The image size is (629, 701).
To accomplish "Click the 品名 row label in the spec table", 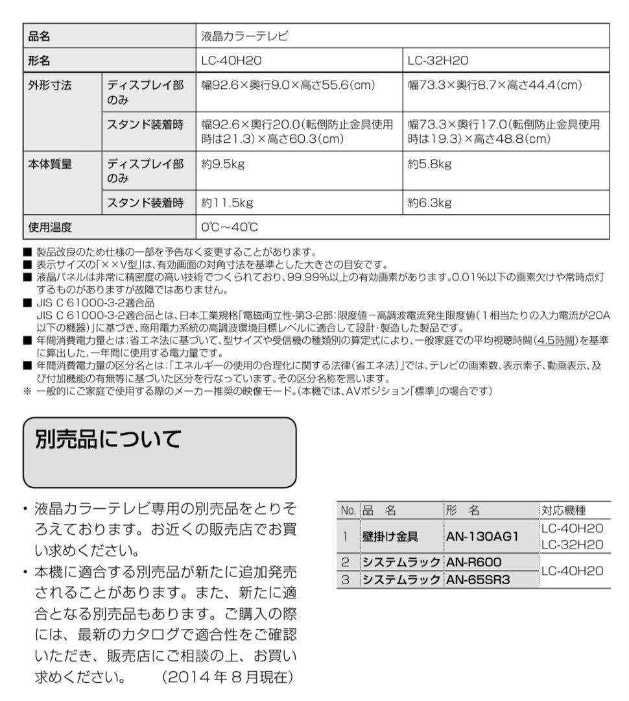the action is (x=40, y=37).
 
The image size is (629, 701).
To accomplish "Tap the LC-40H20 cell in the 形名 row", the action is (x=231, y=61).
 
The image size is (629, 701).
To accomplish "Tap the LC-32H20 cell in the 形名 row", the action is (x=438, y=61).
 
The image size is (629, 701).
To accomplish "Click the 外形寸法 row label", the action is (x=49, y=86).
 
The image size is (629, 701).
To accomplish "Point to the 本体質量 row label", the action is (x=49, y=165).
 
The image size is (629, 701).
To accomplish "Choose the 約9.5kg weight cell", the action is (x=223, y=165).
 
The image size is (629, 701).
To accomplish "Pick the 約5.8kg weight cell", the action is (x=429, y=165).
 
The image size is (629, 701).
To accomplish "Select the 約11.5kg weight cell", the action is (x=227, y=203).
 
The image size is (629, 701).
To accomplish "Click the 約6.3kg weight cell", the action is (x=429, y=203).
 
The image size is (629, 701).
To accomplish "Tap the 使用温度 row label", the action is (x=49, y=227).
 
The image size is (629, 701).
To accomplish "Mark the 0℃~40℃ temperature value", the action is (x=230, y=227).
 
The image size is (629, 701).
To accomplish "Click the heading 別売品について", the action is (x=108, y=440).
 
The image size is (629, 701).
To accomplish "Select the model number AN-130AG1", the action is (x=482, y=537).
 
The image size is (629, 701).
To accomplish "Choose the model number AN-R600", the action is (x=474, y=561).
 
